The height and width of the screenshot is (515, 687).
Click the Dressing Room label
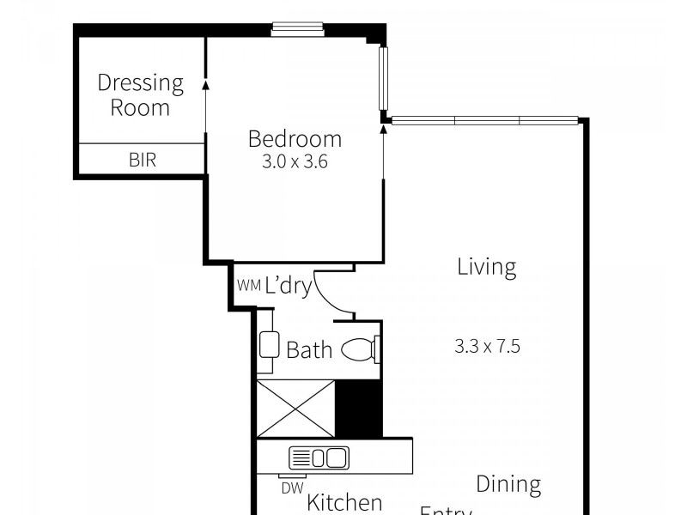(x=140, y=95)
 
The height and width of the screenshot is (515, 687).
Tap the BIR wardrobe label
(x=143, y=160)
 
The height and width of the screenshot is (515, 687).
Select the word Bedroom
(x=295, y=138)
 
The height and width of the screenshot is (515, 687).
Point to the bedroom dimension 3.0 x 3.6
(x=295, y=161)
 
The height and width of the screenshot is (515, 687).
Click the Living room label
(x=486, y=267)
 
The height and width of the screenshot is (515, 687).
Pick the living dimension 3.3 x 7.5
(x=487, y=347)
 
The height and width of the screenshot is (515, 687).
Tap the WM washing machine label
(x=248, y=286)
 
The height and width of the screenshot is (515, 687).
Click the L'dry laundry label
(x=288, y=286)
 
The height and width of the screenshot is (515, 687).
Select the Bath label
(x=308, y=350)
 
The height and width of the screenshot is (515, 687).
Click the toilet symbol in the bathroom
(x=361, y=350)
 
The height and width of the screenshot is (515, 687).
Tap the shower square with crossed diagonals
(x=295, y=409)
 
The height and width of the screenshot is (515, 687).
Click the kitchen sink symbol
(x=318, y=457)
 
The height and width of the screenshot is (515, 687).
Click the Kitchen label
(x=344, y=502)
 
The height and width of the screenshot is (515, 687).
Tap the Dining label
(x=508, y=484)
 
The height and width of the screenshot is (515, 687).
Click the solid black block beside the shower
(x=358, y=409)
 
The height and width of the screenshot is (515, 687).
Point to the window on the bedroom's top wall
(x=298, y=29)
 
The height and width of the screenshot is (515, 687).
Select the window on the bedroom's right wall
(x=384, y=78)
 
